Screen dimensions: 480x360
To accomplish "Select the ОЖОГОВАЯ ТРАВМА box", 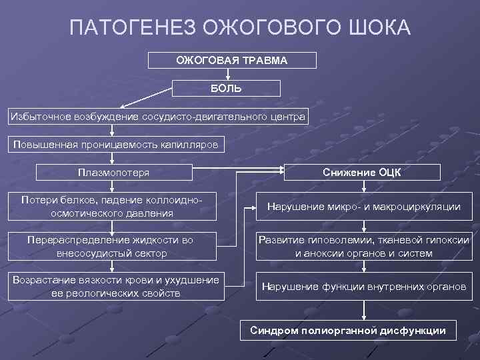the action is tap(231, 61).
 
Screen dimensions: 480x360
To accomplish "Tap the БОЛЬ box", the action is tap(227, 89).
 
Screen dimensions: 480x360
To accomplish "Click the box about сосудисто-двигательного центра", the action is tap(158, 117).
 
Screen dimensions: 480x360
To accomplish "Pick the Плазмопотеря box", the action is tap(113, 172).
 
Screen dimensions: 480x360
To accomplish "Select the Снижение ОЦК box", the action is tap(361, 172).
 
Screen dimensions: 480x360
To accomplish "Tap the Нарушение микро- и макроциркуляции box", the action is tap(363, 207).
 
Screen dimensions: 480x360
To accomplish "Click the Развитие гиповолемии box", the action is tap(363, 246).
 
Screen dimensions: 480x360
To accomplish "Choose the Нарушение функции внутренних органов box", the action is tap(363, 287).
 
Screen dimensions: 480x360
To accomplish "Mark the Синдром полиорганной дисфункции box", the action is tap(347, 330).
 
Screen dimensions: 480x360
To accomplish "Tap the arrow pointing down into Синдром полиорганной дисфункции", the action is tap(363, 311).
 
